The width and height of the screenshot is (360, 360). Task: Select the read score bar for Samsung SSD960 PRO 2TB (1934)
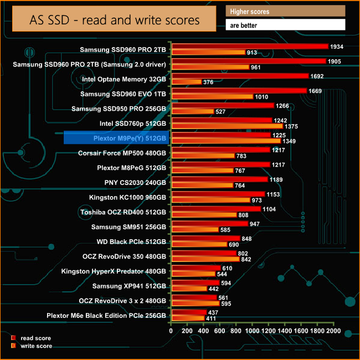249,47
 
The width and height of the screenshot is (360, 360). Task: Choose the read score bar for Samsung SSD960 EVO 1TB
239,91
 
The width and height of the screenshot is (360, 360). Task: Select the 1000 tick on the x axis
252,331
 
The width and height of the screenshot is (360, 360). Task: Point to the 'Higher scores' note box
285,11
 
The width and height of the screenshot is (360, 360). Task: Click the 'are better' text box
285,25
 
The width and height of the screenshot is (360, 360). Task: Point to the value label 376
209,82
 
